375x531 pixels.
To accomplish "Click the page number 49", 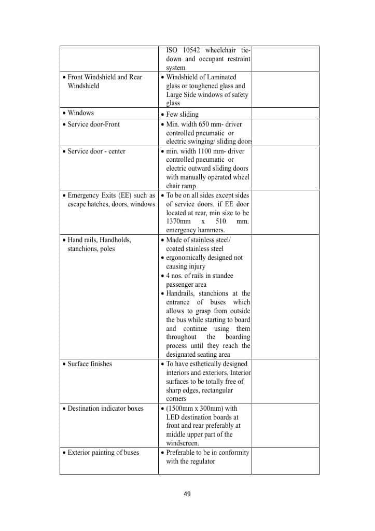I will coord(187,494).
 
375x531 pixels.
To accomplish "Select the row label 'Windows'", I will coord(80,113).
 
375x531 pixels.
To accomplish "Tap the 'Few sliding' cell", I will coord(182,115).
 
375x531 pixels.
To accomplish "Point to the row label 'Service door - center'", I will coord(96,151).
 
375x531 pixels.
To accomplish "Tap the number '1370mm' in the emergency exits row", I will coord(178,222).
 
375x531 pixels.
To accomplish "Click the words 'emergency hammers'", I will coord(196,230).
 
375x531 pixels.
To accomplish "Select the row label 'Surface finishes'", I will coord(90,364).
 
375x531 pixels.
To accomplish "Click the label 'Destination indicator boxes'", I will coord(106,409).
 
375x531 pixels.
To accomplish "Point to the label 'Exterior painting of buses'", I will coord(103,453).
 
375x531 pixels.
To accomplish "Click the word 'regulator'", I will coord(201,462).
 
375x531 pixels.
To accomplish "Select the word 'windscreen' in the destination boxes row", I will coord(183,443).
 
